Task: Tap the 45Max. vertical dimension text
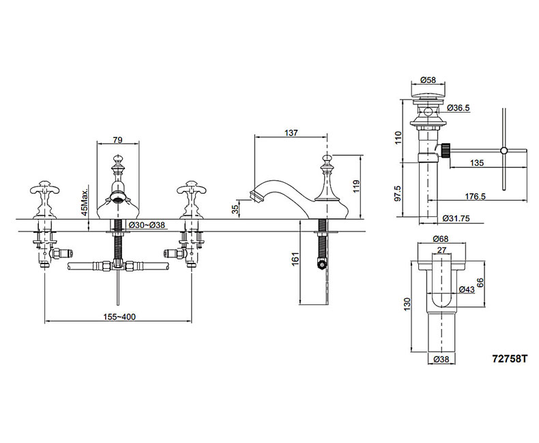tap(85, 199)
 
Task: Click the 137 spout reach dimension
tap(291, 133)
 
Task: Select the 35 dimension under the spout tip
tap(236, 209)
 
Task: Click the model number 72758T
tap(510, 357)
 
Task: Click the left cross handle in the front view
tap(44, 190)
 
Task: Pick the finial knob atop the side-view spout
tap(327, 161)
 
